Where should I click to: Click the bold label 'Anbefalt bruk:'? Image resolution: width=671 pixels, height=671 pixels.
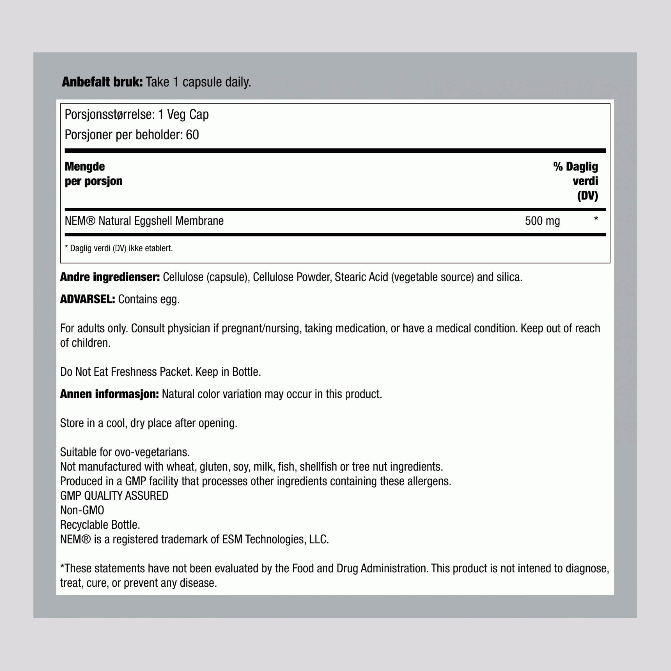pos(102,82)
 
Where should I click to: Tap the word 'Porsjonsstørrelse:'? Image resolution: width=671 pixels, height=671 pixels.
pos(110,115)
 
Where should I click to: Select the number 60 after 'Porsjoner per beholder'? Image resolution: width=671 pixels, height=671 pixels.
pos(192,135)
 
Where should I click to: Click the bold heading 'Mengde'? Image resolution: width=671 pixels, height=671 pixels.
pos(85,167)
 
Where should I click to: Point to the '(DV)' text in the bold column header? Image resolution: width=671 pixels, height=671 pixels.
pos(587,196)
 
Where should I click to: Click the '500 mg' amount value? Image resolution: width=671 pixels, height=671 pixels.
pos(542,221)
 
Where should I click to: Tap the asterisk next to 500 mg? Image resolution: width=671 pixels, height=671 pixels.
pos(596,219)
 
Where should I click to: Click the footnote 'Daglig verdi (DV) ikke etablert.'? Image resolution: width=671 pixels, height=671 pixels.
pos(121,248)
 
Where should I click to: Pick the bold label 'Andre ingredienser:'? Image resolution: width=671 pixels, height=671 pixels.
pos(110,277)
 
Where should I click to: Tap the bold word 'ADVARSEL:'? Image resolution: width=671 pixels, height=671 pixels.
pos(87,299)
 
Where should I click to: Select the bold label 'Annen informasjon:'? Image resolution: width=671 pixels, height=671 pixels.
pos(109,394)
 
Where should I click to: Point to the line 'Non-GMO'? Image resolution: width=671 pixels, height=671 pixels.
pos(82,510)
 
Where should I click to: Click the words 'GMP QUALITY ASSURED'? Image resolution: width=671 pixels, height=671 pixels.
pos(114,496)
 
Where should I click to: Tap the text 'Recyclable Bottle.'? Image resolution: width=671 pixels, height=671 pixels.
pos(100,525)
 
